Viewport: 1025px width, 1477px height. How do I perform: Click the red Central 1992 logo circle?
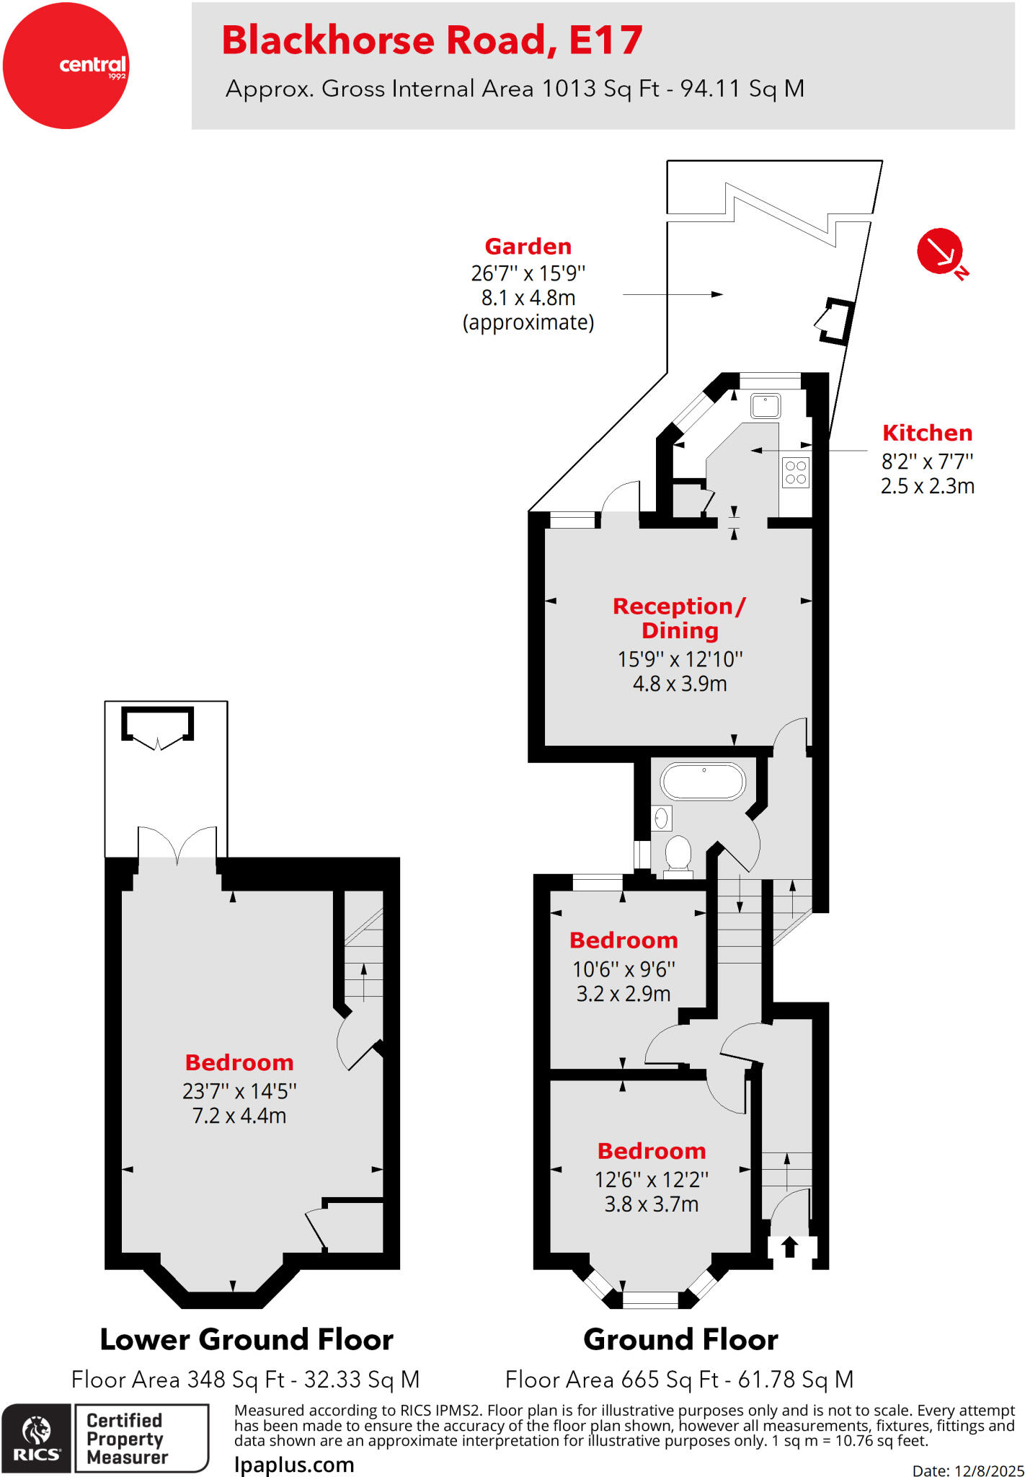coord(66,66)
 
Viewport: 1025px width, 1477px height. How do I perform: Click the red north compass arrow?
coord(939,251)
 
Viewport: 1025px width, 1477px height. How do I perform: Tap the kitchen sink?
coord(765,406)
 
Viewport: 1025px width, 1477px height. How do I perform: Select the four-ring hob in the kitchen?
coord(796,472)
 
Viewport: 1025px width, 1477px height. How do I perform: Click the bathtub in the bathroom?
coord(703,781)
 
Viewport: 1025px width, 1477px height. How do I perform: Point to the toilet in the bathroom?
coord(678,854)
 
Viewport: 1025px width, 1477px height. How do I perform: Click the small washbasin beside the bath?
coord(662,818)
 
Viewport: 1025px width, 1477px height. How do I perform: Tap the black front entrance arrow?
coord(789,1246)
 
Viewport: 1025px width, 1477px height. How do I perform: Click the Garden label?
coord(528,247)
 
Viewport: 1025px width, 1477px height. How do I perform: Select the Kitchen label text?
coord(927,433)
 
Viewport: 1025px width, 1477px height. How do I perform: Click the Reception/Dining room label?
coord(679,618)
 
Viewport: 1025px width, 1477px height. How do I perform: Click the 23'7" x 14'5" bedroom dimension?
coord(239,1091)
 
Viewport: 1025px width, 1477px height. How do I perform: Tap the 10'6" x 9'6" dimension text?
coord(624,969)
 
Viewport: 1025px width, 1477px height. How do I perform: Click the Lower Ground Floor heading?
coord(247,1339)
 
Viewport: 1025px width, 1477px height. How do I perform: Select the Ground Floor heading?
coord(680,1339)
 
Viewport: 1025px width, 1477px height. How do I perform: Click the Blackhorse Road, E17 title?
coord(432,40)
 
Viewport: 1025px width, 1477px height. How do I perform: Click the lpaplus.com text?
coord(294,1465)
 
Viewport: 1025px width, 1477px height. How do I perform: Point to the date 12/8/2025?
coord(989,1470)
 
